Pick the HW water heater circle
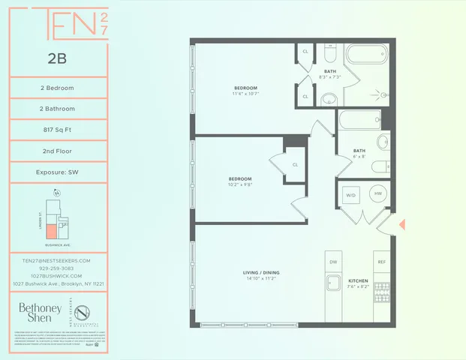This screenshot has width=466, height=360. coord(377,193)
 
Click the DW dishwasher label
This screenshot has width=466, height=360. coord(334,262)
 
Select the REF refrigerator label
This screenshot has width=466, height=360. coord(381,262)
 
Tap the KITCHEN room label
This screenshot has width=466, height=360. coord(357,280)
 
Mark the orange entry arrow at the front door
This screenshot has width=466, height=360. coord(401,224)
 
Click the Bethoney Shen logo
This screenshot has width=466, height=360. coord(35,313)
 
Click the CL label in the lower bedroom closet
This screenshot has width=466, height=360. coord(295,164)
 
